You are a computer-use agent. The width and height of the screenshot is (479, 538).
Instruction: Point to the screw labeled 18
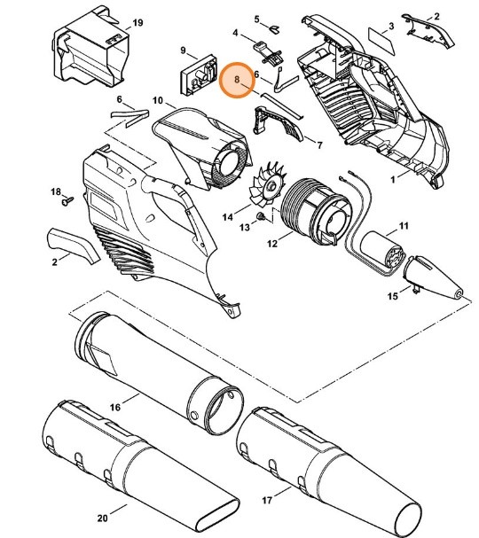tap(66, 202)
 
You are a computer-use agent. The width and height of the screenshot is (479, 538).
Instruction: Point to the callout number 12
tap(271, 242)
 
